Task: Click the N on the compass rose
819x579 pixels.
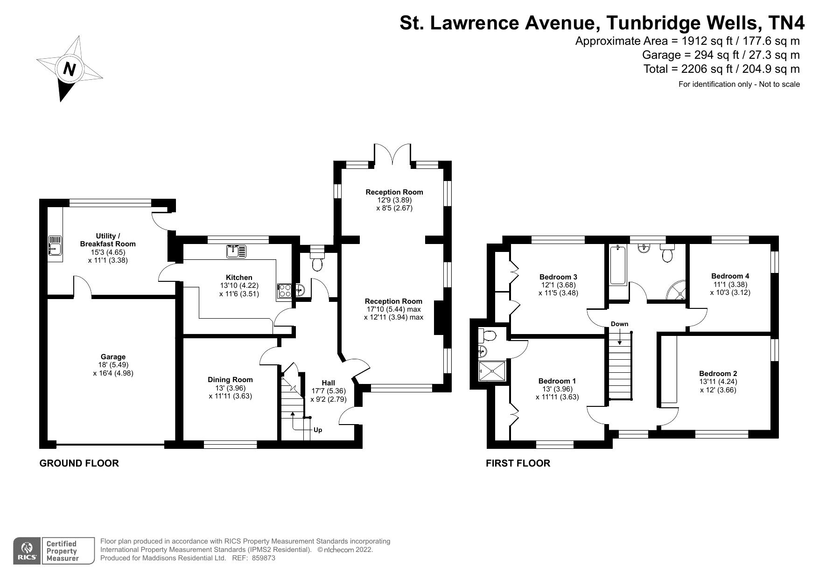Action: (x=70, y=69)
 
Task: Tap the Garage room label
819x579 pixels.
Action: (x=113, y=357)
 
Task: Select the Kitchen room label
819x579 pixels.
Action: (x=239, y=278)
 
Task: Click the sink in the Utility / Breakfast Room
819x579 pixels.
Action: (x=55, y=246)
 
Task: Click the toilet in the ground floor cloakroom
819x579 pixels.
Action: (x=317, y=264)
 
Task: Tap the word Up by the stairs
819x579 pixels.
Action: (x=318, y=430)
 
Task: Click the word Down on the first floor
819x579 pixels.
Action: (x=619, y=324)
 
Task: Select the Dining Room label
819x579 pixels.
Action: (x=230, y=380)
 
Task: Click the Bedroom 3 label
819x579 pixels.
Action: (x=558, y=277)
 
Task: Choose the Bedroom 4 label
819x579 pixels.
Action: (x=730, y=276)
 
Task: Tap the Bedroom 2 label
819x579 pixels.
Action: (x=718, y=373)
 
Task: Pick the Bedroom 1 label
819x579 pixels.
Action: (x=557, y=381)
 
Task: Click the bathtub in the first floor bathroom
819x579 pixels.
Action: (x=618, y=265)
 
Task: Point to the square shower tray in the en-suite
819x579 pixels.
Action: (x=492, y=371)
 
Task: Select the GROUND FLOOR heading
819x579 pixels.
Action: (x=79, y=463)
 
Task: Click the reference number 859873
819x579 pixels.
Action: (x=263, y=558)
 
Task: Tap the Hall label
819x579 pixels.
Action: (x=328, y=383)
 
